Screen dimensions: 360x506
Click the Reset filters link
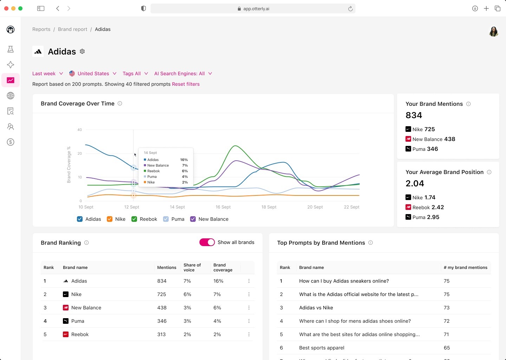(x=186, y=84)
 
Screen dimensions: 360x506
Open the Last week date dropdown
(x=47, y=73)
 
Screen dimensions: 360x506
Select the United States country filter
(x=93, y=73)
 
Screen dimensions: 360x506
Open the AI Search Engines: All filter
(x=183, y=73)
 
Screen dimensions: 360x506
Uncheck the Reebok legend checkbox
(x=134, y=219)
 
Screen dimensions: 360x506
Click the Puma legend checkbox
(x=166, y=219)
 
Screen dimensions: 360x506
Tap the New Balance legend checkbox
(x=193, y=219)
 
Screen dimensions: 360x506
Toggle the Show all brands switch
(x=207, y=242)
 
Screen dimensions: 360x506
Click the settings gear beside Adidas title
(x=82, y=51)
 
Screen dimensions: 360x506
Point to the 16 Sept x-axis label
(x=223, y=207)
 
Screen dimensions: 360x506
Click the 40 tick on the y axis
(x=80, y=130)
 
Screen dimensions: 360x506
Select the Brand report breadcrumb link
(x=72, y=29)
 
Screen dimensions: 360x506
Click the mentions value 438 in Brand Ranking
(x=162, y=308)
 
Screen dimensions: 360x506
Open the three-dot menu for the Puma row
(x=249, y=321)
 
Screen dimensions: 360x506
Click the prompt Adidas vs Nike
(x=316, y=308)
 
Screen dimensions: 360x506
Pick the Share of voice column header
(x=192, y=268)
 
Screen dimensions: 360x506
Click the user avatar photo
(x=493, y=32)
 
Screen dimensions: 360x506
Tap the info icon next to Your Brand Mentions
(x=468, y=104)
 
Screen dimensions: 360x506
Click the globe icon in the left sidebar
(x=11, y=96)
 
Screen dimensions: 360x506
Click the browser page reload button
(x=350, y=9)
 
